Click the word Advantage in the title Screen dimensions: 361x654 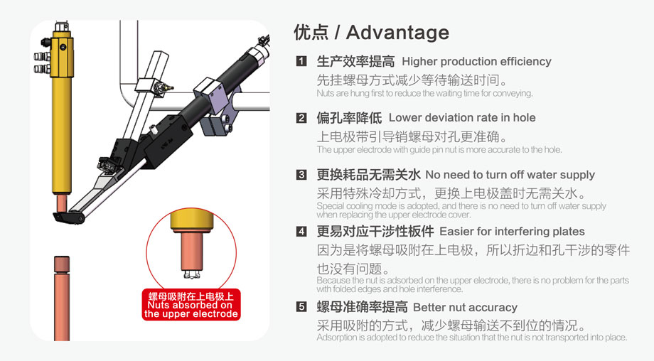397,33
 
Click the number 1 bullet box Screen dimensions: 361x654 301,62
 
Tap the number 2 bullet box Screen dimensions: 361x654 301,118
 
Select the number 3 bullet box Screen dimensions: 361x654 301,175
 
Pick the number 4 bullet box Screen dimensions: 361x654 301,232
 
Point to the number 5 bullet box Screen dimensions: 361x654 301,308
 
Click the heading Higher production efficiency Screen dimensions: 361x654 476,62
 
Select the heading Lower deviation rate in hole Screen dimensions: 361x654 462,118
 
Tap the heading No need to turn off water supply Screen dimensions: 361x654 510,175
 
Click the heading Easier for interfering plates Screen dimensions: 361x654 512,232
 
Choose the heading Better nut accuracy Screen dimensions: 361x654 465,308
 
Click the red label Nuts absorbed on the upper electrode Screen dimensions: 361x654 191,305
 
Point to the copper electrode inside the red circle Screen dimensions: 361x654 191,249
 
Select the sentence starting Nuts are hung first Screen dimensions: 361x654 424,93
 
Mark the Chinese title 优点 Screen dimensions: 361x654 311,33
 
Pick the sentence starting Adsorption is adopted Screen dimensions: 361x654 471,338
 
